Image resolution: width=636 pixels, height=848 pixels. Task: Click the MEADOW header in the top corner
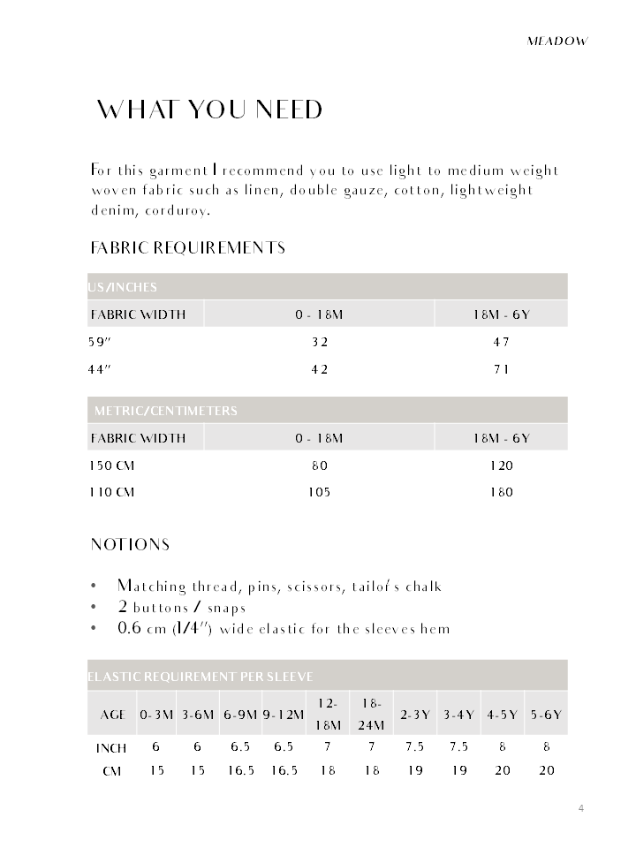(556, 41)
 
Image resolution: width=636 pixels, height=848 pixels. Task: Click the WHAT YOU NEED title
(209, 110)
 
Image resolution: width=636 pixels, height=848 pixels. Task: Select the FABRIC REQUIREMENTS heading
(187, 247)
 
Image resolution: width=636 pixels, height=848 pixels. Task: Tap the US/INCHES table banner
(123, 287)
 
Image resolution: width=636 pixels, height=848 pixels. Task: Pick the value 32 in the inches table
(319, 342)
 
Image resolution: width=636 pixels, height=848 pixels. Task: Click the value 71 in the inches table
(501, 369)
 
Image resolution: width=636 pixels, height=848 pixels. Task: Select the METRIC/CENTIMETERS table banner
(165, 411)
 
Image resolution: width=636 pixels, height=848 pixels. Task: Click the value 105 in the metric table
(319, 492)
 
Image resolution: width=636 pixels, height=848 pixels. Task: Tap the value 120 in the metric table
(501, 466)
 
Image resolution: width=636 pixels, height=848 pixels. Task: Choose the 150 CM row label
(111, 466)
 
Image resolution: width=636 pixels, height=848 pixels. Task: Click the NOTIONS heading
(130, 544)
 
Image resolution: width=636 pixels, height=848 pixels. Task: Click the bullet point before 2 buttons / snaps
(94, 608)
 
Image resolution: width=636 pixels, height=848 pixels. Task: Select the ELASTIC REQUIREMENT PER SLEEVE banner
(201, 677)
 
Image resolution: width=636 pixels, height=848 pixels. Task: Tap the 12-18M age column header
(328, 714)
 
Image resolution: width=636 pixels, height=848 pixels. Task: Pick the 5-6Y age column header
(546, 715)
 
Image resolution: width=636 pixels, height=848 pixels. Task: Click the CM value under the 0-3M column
(156, 770)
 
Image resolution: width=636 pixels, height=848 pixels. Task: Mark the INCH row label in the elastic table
(111, 748)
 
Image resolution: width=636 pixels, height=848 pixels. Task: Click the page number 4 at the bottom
(581, 807)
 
